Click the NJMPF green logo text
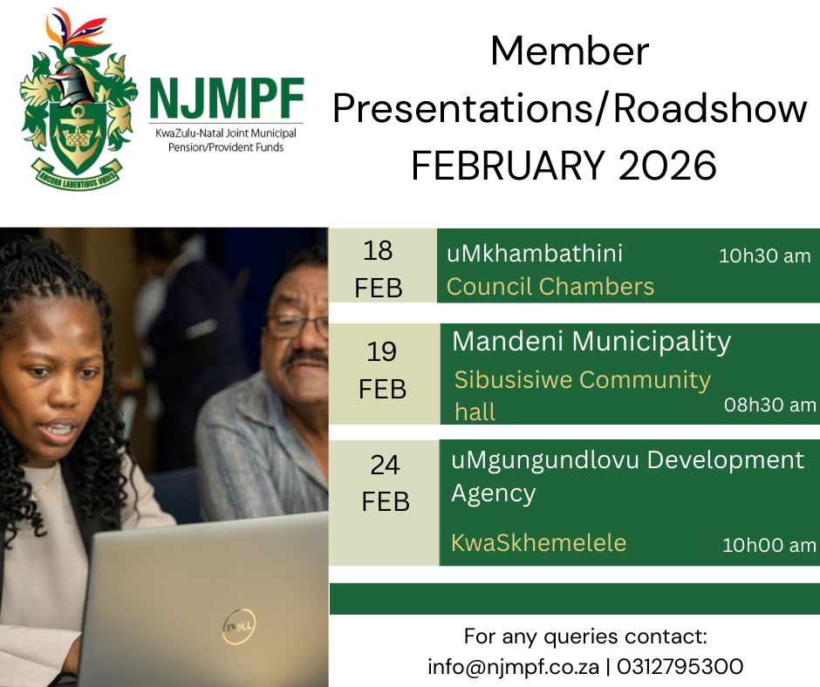(x=227, y=99)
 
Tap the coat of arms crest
(x=78, y=99)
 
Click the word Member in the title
(x=570, y=51)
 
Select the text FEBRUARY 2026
(x=564, y=166)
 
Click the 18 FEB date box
(x=382, y=266)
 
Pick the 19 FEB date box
(x=385, y=373)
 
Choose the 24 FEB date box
(x=384, y=502)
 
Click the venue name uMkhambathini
(x=535, y=254)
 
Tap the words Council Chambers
(x=550, y=287)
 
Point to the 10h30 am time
(x=764, y=255)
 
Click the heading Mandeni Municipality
(x=591, y=342)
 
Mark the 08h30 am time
(x=769, y=405)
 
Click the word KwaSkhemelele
(x=538, y=542)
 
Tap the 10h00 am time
(x=769, y=545)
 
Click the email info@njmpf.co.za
(x=513, y=667)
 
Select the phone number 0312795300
(x=680, y=667)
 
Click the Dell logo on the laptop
(x=239, y=626)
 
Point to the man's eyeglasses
(x=296, y=326)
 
